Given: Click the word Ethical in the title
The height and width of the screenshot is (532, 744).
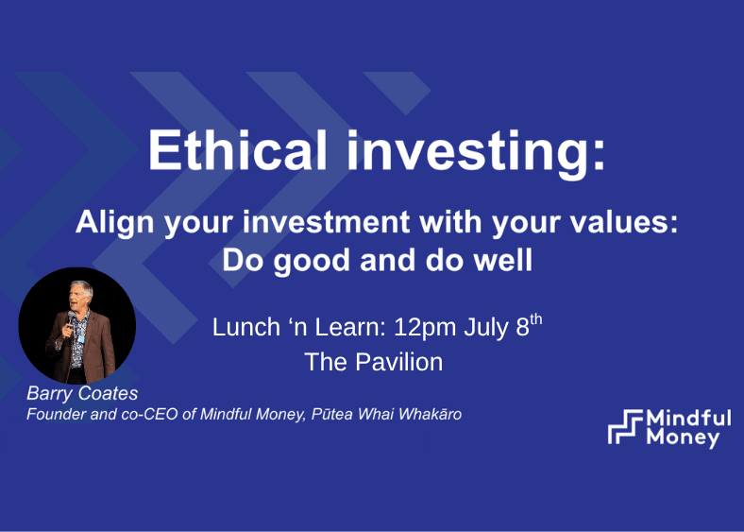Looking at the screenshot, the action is tap(238, 149).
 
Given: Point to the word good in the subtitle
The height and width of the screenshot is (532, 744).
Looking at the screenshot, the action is tap(312, 262).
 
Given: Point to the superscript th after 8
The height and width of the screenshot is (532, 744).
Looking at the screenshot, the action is tap(535, 318).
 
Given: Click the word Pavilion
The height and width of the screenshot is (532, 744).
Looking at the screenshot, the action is tap(399, 362).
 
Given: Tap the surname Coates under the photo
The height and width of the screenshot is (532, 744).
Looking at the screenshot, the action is tap(109, 393).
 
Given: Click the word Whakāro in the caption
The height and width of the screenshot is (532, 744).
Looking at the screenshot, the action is tap(430, 414).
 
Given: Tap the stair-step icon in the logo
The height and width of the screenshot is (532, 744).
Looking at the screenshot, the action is tap(625, 426).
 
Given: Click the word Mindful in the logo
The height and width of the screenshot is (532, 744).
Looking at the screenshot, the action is tap(688, 419).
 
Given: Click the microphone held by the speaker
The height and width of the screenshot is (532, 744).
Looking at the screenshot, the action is tap(70, 320).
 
